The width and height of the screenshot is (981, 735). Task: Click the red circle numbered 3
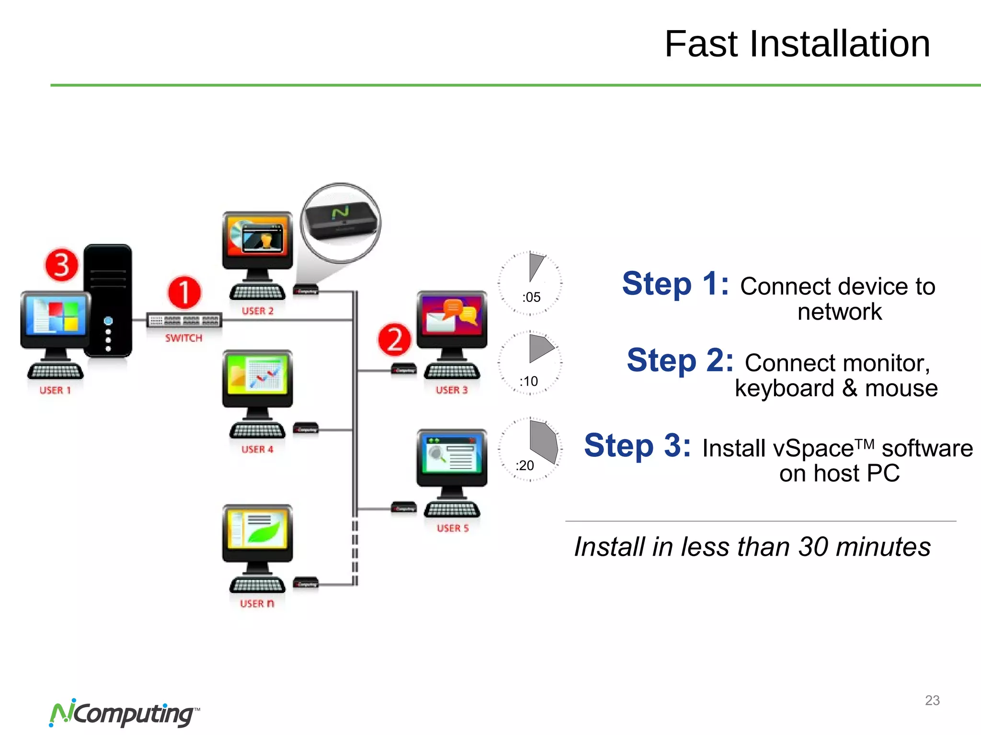tap(61, 265)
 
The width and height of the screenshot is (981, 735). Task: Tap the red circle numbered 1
tap(184, 292)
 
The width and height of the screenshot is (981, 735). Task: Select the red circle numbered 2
tap(394, 340)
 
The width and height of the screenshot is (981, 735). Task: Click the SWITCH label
tap(184, 338)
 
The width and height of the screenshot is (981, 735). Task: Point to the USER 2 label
tap(258, 311)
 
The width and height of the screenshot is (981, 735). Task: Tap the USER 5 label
tap(453, 528)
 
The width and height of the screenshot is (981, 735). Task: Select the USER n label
tap(257, 603)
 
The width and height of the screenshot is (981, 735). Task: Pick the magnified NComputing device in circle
tap(341, 222)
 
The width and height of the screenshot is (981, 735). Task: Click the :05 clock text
tap(531, 297)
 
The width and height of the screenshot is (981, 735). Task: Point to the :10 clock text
tap(529, 381)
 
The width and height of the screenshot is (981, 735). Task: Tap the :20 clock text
tap(525, 465)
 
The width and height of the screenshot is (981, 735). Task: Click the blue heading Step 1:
tap(675, 284)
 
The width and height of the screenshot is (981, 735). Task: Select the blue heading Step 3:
tap(638, 445)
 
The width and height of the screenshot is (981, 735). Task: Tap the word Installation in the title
tap(840, 44)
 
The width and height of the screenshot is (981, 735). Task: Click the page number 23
tap(932, 701)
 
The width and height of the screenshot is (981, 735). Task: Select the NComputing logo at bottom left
tap(124, 713)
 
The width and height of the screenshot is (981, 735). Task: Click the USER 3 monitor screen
tap(452, 316)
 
